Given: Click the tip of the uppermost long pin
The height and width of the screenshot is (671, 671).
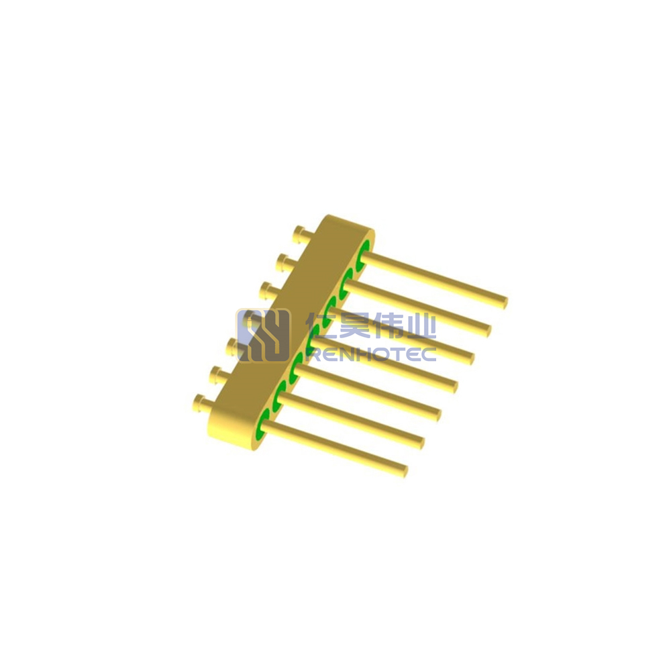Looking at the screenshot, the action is pyautogui.click(x=504, y=302).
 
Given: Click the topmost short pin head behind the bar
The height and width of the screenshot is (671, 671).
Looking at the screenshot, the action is pyautogui.click(x=299, y=234).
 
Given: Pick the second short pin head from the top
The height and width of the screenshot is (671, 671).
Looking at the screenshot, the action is pyautogui.click(x=282, y=262).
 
